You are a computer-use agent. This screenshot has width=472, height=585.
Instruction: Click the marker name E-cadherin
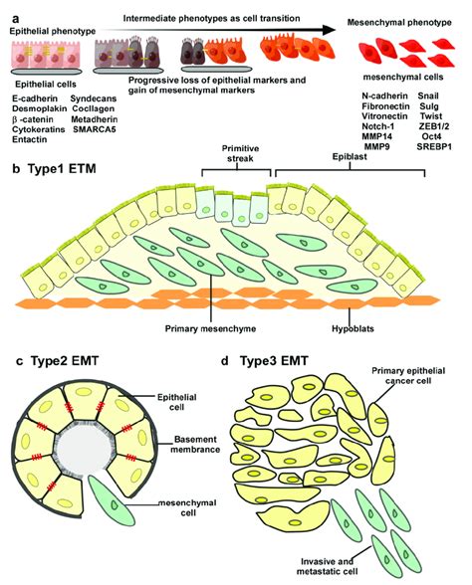35,98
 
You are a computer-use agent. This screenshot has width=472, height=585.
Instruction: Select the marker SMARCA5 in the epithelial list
95,129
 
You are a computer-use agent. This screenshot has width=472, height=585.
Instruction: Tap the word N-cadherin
384,96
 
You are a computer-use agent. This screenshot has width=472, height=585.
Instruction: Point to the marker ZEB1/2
434,126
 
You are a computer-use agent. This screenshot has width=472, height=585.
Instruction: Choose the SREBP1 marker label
434,146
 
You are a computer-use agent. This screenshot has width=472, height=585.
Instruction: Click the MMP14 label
376,136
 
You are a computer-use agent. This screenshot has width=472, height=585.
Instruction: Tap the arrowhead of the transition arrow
330,30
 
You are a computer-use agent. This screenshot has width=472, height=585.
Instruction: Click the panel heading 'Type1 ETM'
62,169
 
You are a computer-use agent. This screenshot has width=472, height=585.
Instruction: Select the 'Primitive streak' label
240,153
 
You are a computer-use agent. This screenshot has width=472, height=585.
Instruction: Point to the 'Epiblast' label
350,157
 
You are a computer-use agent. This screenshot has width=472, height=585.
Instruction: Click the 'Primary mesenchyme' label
211,328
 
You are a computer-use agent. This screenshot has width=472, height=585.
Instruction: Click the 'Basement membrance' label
195,445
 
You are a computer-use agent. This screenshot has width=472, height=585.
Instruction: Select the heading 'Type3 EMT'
274,361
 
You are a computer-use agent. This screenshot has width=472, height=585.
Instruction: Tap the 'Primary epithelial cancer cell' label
408,376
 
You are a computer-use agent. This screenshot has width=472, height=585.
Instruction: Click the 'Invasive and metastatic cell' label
327,566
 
